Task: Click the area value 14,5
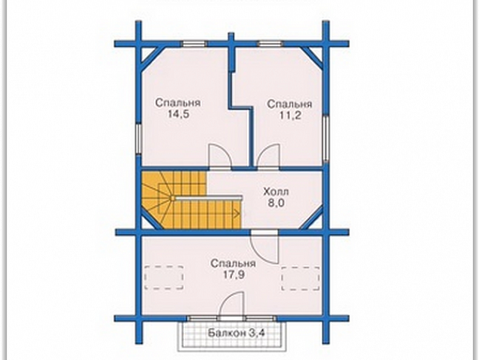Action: [x=179, y=114]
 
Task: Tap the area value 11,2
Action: [x=290, y=115]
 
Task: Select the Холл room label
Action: [x=276, y=192]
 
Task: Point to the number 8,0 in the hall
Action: [x=276, y=203]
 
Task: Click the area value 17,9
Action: [x=233, y=275]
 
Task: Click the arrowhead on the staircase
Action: [x=236, y=213]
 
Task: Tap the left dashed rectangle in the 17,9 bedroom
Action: [x=164, y=278]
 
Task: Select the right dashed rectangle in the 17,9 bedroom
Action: [x=301, y=278]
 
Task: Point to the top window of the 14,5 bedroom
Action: [x=195, y=44]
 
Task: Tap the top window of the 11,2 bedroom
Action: [x=270, y=44]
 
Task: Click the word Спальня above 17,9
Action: [x=233, y=263]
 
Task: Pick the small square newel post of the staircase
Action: [x=172, y=198]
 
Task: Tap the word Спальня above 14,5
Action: [x=178, y=103]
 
